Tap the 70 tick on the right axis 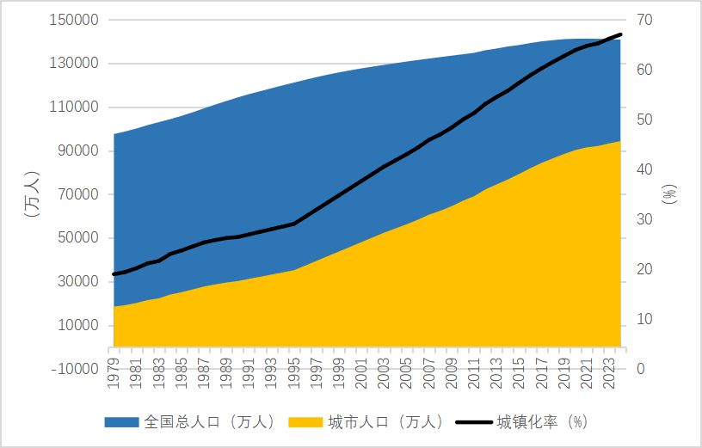click(x=644, y=20)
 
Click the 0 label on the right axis click(x=641, y=369)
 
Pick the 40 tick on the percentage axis click(x=644, y=169)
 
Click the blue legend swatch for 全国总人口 click(x=121, y=422)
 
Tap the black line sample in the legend click(x=473, y=422)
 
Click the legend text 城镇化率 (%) click(x=542, y=422)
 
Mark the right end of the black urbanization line click(x=620, y=34)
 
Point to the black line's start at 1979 click(x=114, y=274)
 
